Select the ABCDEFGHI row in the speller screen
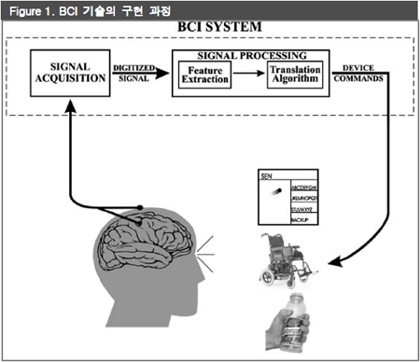(x=306, y=187)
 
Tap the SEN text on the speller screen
(x=267, y=174)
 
